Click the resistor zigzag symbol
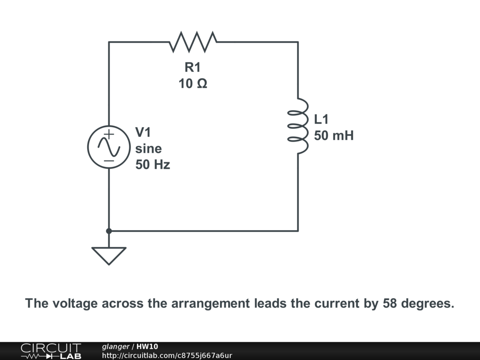tap(193, 42)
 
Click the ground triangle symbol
tap(109, 255)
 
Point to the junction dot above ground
tap(109, 231)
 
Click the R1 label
tap(193, 67)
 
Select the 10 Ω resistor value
tap(193, 84)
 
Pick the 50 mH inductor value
tap(334, 136)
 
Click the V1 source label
tap(143, 132)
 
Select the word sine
tap(149, 149)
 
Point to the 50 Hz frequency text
tap(153, 165)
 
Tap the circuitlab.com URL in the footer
tap(167, 356)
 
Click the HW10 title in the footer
tap(147, 347)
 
